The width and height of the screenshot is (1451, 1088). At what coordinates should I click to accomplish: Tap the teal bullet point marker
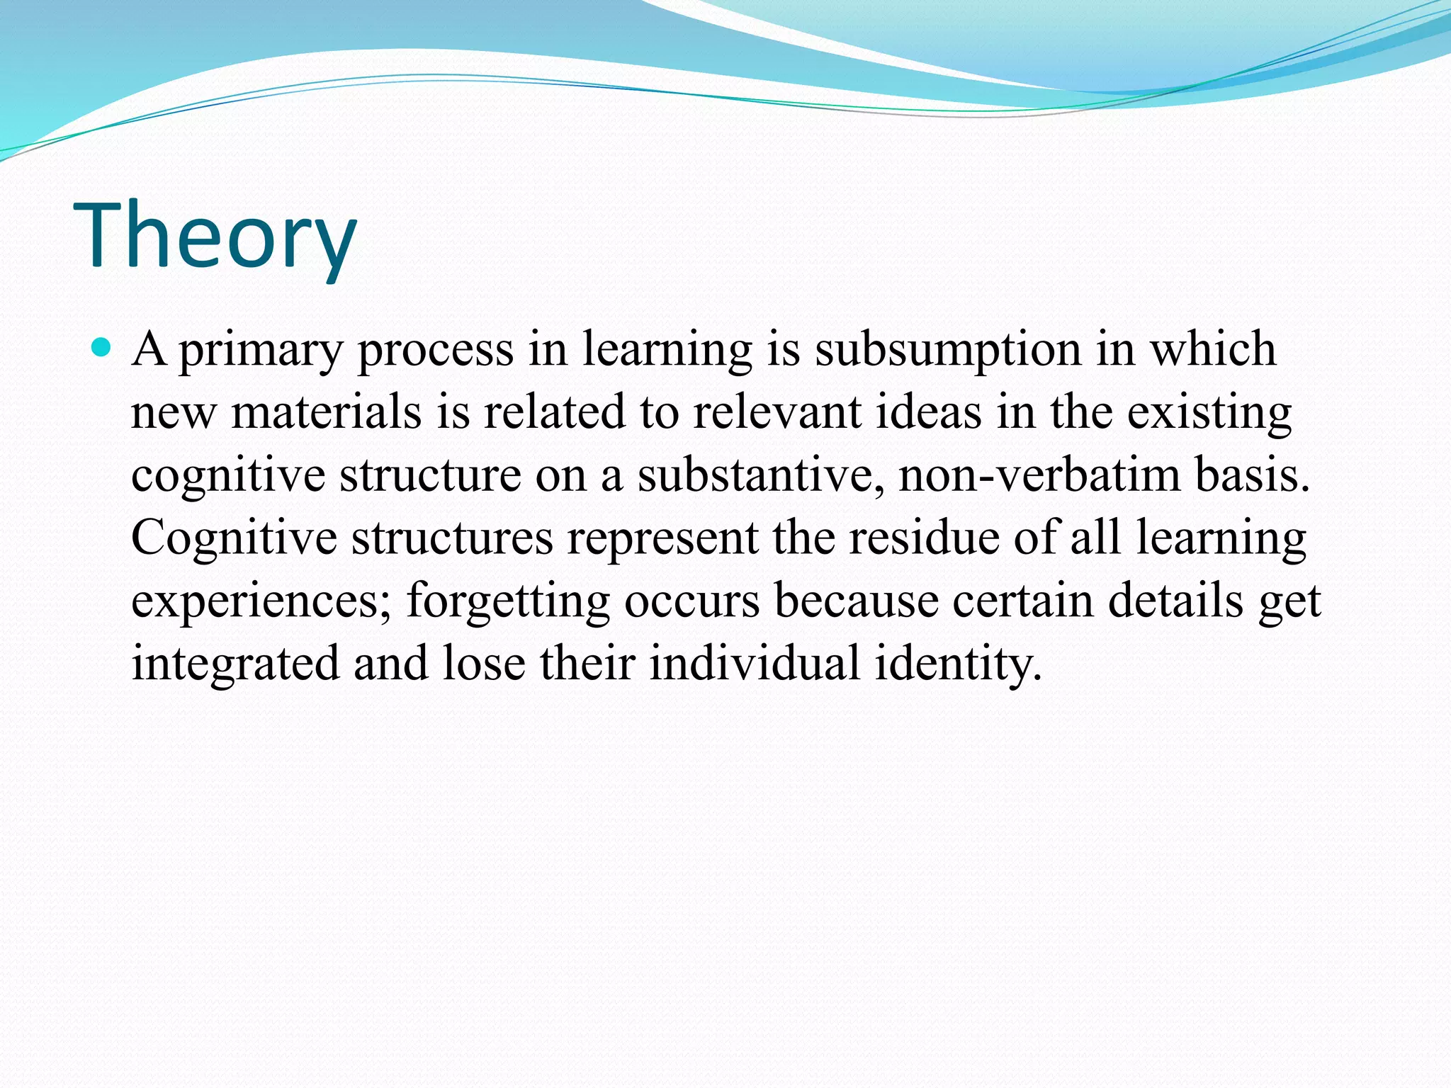[102, 347]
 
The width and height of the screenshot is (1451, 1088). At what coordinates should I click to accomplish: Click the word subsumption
[948, 350]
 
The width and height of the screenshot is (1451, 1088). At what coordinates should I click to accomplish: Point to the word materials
[327, 412]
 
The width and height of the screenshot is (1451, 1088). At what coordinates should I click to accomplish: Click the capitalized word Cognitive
[234, 538]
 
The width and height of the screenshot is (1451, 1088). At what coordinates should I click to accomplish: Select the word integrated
[236, 664]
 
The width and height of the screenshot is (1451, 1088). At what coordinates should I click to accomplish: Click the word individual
[755, 663]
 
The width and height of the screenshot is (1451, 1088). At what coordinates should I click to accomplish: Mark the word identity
[958, 664]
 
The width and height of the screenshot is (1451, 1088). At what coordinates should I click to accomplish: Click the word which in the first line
[1212, 349]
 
